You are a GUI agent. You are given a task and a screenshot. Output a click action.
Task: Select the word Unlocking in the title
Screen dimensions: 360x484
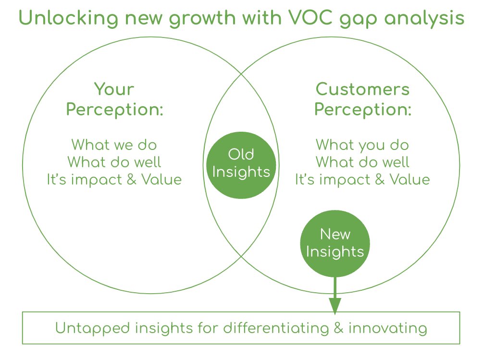[64, 18]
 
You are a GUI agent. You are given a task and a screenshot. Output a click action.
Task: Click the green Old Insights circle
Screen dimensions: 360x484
[241, 163]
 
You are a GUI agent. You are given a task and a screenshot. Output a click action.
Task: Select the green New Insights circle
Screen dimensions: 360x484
[335, 243]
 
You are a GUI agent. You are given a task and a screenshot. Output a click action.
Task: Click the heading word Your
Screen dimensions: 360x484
[114, 89]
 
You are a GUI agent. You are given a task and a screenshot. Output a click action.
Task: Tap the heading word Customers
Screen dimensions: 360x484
[362, 89]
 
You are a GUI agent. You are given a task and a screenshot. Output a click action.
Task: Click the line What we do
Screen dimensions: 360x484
[114, 145]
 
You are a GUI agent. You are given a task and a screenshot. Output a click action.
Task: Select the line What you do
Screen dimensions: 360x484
[362, 145]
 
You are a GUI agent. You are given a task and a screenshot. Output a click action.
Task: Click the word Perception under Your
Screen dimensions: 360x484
[115, 110]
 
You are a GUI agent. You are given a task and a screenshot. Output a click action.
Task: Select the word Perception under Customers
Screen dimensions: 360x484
[363, 110]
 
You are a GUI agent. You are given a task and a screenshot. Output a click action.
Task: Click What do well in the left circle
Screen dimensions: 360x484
[114, 162]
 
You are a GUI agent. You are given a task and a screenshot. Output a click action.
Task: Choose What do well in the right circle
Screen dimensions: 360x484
[362, 162]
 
